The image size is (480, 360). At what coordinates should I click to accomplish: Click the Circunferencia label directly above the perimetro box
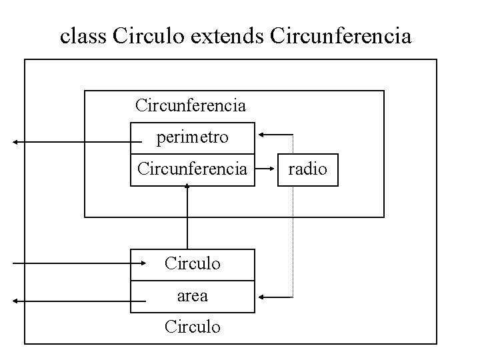click(x=191, y=105)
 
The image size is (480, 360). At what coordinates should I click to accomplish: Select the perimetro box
click(x=192, y=138)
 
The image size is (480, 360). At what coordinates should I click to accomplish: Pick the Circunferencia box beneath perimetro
click(x=192, y=169)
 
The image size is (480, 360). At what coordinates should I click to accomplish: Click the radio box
click(x=307, y=169)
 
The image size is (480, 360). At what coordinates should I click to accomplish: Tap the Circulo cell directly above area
click(x=192, y=264)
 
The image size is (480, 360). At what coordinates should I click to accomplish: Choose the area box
click(x=192, y=296)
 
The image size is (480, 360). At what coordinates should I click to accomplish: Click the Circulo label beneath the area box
click(x=192, y=327)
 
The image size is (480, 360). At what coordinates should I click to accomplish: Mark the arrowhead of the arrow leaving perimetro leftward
click(x=14, y=142)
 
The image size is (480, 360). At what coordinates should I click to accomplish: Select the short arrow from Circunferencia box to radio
click(x=266, y=170)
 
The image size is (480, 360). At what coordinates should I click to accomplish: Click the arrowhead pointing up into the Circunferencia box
click(x=187, y=187)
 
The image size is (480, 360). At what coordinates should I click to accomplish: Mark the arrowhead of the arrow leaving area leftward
click(x=14, y=301)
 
